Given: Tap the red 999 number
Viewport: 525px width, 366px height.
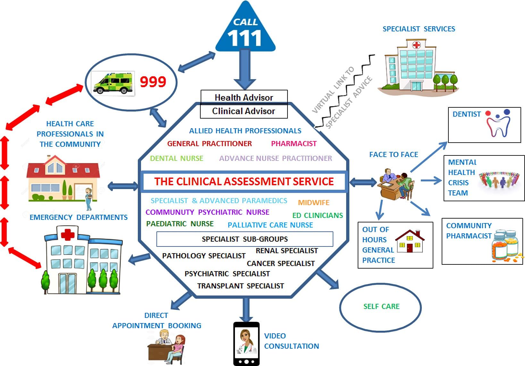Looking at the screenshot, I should [153, 82].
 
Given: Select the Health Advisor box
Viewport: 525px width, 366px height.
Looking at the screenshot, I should [244, 97].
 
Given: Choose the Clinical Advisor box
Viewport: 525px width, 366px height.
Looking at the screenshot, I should [244, 111].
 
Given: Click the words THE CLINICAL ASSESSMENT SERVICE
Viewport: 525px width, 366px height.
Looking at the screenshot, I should [244, 181].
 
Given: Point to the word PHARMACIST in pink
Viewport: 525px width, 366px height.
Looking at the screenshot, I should [294, 144].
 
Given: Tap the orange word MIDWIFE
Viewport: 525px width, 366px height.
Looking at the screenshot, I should [313, 203].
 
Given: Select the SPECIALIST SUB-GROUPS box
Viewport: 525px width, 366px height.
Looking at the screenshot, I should [245, 239].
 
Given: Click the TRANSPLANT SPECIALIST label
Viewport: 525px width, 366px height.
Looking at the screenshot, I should [240, 286].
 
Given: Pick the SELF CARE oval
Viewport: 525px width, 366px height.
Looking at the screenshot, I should [380, 307].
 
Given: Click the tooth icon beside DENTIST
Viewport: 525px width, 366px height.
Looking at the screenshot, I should [498, 123].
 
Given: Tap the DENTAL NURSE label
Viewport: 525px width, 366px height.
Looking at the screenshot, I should [177, 158].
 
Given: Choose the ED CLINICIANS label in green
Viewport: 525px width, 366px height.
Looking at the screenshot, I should [317, 215].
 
